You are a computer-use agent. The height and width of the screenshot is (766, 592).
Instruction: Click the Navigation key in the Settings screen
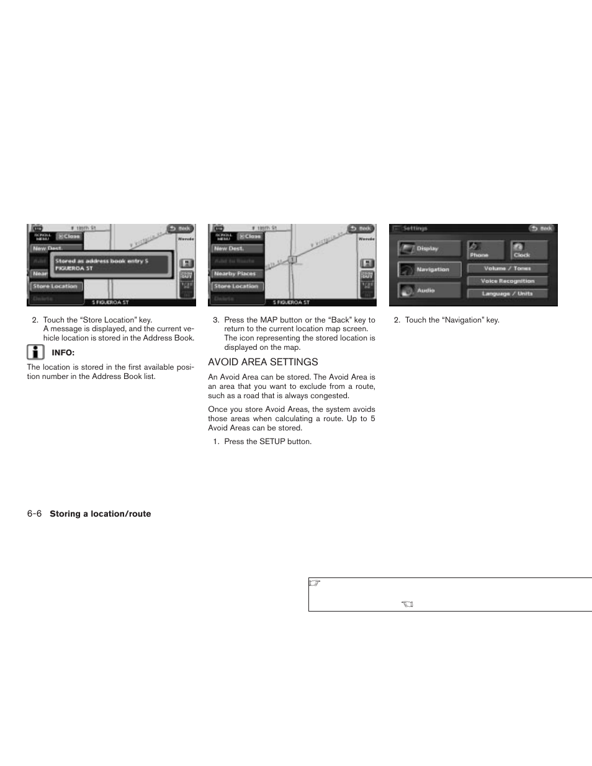(x=429, y=269)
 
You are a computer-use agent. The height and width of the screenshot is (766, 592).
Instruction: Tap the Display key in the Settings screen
(x=429, y=249)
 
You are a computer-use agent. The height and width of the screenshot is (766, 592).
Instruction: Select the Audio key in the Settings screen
(x=429, y=290)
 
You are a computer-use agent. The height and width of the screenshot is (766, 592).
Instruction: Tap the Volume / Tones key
(x=507, y=269)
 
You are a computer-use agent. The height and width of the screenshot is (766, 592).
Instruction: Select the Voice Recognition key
(x=507, y=281)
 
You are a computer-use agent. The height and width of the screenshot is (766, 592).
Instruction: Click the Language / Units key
(x=507, y=293)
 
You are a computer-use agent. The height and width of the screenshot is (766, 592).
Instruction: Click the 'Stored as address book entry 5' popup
(x=110, y=264)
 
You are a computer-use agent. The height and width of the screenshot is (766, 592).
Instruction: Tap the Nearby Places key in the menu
(x=235, y=274)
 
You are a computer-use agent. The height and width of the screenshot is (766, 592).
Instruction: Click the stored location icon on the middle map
(x=292, y=259)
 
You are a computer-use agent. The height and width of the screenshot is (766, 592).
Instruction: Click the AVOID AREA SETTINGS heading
(x=262, y=362)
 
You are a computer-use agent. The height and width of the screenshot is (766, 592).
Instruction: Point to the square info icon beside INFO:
(x=35, y=352)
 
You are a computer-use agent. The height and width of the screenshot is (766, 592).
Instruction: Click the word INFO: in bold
(x=63, y=353)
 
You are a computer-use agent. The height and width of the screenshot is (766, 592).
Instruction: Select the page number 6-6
(x=34, y=514)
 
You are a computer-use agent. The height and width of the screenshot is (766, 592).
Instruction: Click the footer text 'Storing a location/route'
(x=100, y=514)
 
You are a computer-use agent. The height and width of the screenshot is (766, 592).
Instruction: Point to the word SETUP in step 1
(x=272, y=442)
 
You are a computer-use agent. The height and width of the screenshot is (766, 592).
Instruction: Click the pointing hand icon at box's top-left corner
(x=315, y=584)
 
